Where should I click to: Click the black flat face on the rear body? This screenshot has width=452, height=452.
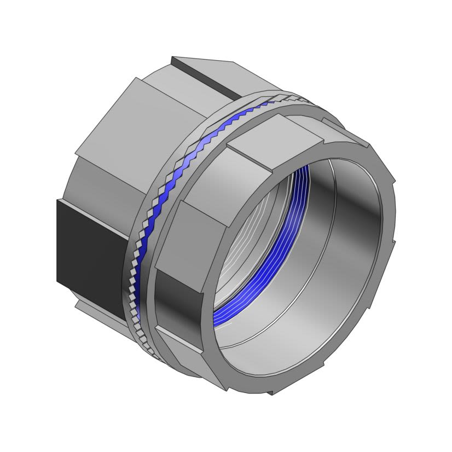tap(88, 241)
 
